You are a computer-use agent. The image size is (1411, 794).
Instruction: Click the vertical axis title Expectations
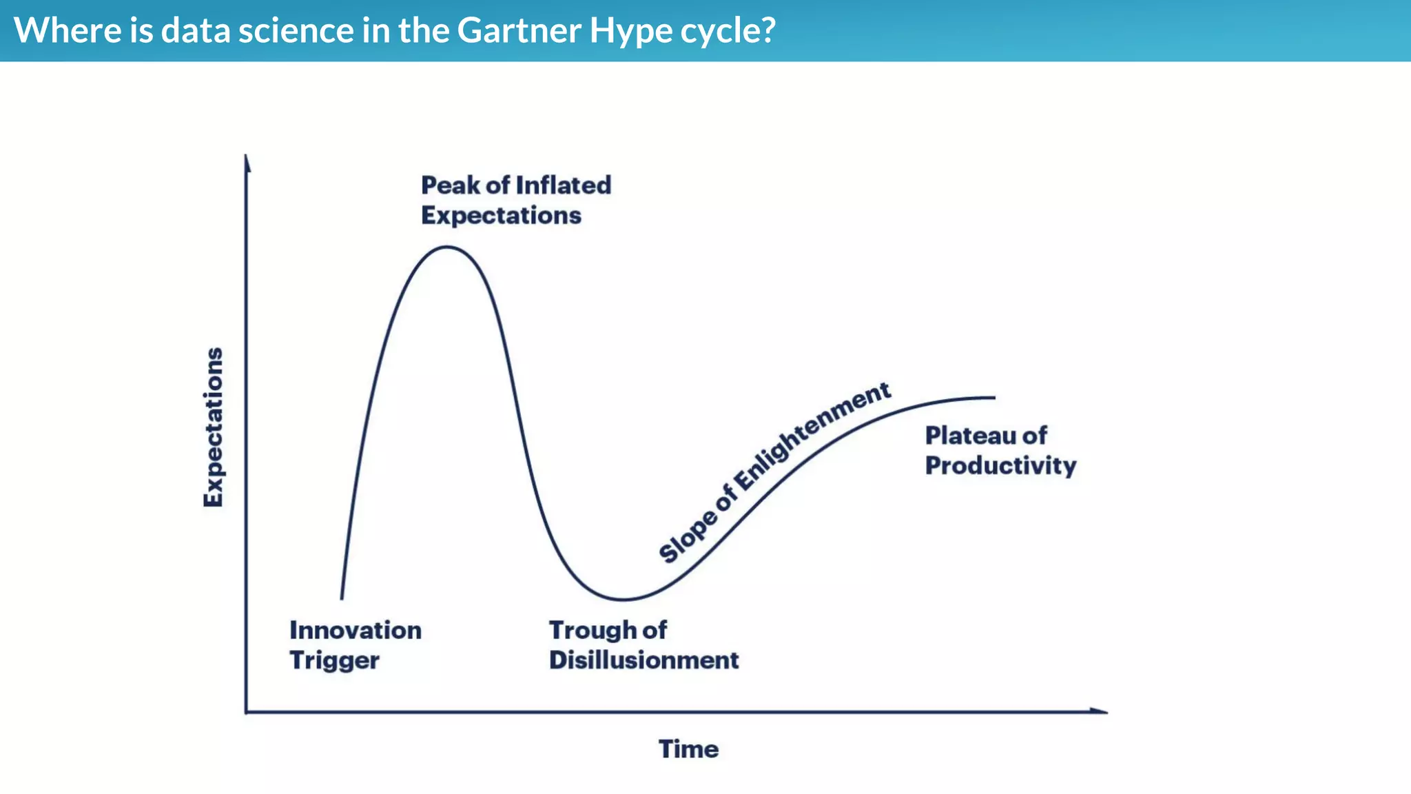(214, 427)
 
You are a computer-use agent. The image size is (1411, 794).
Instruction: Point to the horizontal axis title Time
(688, 749)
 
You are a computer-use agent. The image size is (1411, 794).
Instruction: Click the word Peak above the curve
(451, 185)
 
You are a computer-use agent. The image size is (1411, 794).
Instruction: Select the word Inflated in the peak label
(564, 185)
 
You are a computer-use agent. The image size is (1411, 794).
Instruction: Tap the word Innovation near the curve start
(356, 630)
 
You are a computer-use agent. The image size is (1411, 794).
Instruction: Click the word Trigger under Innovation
(334, 660)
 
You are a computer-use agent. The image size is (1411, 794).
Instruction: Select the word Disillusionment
(643, 660)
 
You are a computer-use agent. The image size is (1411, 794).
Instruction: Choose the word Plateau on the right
(970, 436)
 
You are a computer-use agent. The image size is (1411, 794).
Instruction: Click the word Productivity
(1000, 466)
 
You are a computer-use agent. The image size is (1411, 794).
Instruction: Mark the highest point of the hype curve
(447, 247)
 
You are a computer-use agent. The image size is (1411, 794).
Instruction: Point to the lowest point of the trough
(624, 600)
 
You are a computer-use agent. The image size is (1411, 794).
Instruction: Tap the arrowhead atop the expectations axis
(247, 161)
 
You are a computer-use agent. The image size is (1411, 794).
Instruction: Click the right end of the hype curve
(993, 398)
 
